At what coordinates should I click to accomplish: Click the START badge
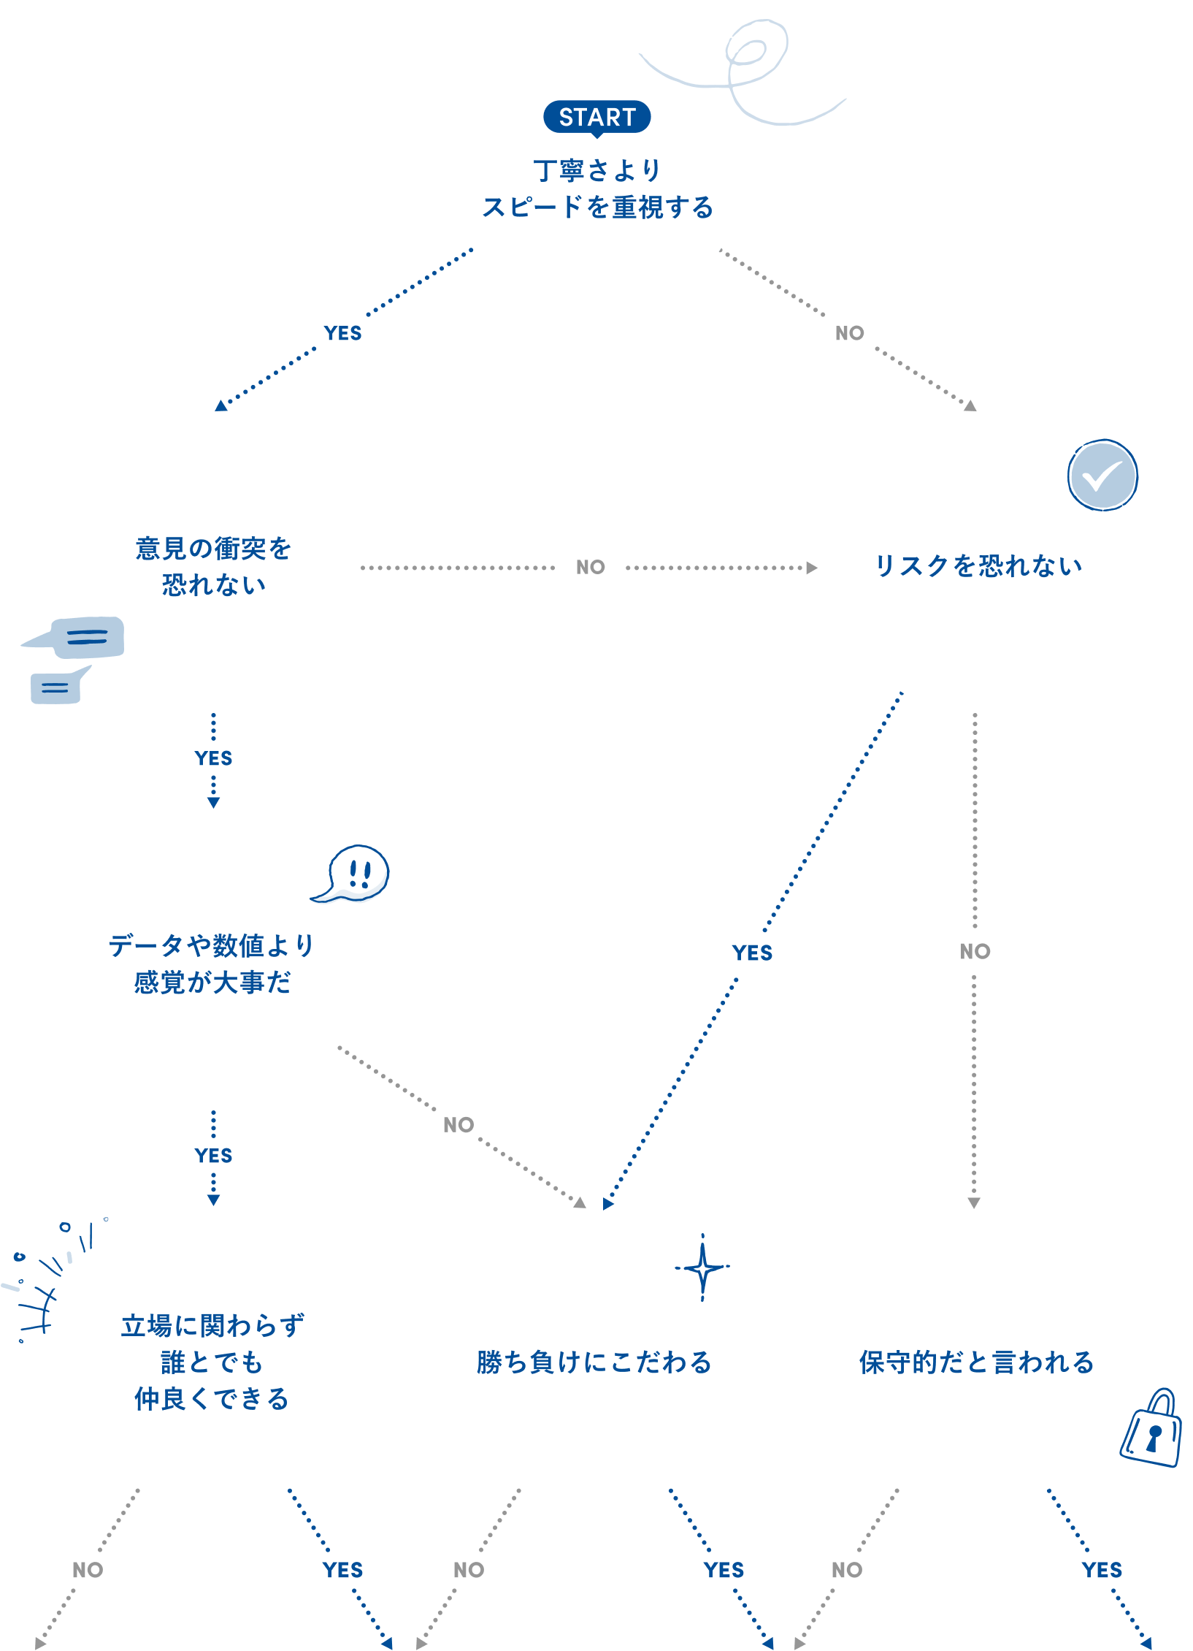596,117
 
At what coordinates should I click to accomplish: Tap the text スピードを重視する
596,207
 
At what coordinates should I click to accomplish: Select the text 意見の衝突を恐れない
213,566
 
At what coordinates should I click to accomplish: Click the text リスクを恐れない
978,566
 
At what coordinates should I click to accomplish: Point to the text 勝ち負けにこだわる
594,1362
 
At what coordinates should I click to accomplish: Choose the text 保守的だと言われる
976,1362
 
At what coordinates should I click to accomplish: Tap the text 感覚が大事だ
212,983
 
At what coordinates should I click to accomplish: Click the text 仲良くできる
212,1399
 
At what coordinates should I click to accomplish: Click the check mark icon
1102,476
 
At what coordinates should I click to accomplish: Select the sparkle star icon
702,1268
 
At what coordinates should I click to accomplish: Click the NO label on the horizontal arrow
590,568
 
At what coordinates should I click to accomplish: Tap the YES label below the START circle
342,334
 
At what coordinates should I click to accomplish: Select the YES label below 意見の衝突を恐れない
213,758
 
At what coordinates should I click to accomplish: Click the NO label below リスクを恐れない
975,951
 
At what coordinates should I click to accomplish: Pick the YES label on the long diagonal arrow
752,953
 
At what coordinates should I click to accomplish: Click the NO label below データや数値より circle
458,1125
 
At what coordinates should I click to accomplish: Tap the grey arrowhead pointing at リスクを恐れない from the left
811,568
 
